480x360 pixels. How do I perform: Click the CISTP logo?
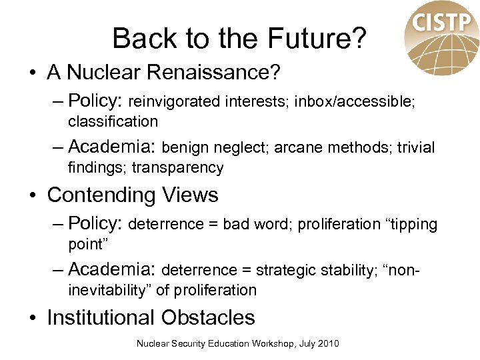tap(441, 37)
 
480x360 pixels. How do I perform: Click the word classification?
tap(113, 121)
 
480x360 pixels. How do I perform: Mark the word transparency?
tap(177, 168)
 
